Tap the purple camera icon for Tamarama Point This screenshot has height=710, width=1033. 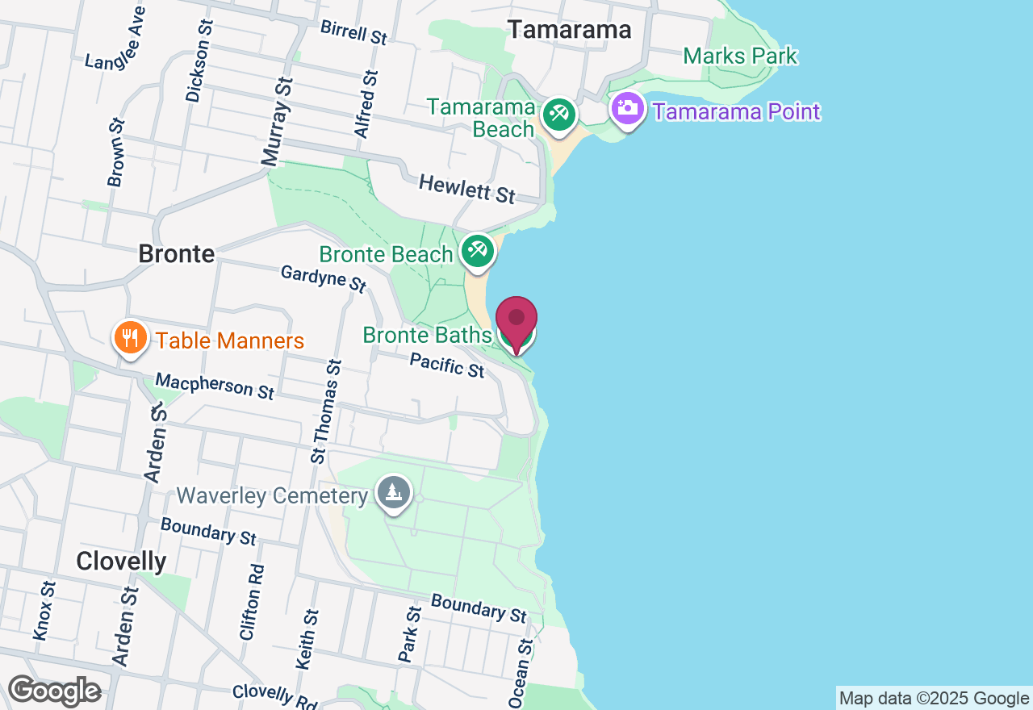click(x=627, y=109)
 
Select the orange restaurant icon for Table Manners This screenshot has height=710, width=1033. click(x=128, y=338)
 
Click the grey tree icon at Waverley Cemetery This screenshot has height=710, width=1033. click(x=394, y=493)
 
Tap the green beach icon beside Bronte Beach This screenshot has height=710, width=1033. click(x=478, y=251)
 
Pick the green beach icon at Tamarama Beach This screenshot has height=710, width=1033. click(x=558, y=114)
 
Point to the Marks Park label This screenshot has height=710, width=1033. click(x=740, y=56)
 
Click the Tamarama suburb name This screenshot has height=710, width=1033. click(x=570, y=30)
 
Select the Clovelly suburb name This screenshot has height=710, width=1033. click(x=121, y=561)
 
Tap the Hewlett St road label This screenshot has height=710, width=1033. click(x=466, y=190)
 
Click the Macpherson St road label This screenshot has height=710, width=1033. click(x=215, y=385)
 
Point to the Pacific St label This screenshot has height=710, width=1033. click(x=446, y=365)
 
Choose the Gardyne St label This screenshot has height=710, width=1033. click(x=324, y=278)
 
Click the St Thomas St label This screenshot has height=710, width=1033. click(x=328, y=411)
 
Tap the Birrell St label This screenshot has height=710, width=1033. click(x=354, y=31)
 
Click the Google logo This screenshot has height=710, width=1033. click(x=53, y=691)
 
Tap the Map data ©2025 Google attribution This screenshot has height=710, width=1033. click(x=934, y=699)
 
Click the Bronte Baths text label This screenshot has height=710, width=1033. click(x=427, y=334)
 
